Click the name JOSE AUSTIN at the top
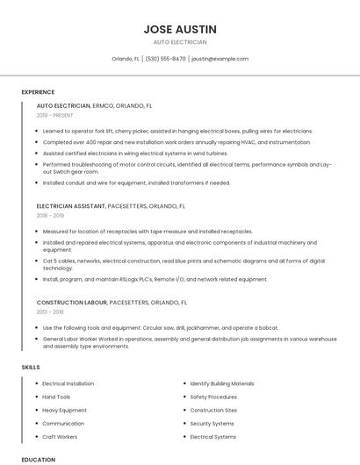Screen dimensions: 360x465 pos(180,29)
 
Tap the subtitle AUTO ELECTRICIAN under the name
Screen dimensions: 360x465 pos(180,42)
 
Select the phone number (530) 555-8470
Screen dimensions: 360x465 pos(166,59)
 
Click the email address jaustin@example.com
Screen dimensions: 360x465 pos(220,59)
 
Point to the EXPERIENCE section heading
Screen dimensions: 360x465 pos(38,91)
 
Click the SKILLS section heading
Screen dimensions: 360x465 pos(31,367)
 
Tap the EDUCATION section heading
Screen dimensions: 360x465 pos(38,459)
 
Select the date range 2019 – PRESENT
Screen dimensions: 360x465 pos(56,115)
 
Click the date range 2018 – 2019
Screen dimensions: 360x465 pos(50,215)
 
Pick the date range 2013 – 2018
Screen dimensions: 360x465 pos(50,311)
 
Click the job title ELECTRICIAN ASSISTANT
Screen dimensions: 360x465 pos(71,206)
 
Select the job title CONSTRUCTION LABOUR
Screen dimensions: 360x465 pos(71,302)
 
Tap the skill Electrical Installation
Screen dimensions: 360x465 pos(68,383)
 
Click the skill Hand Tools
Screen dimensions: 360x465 pos(56,397)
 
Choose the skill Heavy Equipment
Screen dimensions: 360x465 pos(65,410)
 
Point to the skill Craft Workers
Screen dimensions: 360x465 pos(60,436)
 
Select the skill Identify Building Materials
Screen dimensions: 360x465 pos(222,383)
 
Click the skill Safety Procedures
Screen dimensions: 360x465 pos(213,397)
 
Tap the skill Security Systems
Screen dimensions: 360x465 pos(212,423)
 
